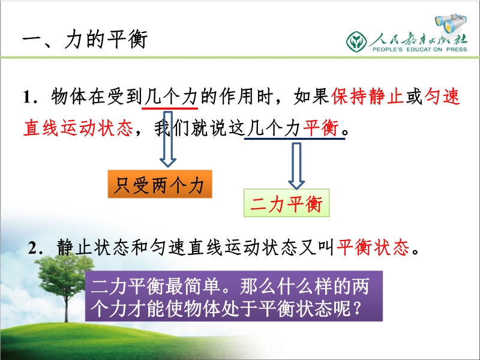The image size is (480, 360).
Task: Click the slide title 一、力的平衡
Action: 85,39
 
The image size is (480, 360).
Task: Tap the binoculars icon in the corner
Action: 451,23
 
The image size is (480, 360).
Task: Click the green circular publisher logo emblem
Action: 356,41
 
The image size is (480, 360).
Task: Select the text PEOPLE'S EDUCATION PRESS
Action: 419,49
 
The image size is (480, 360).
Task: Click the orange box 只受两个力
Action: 160,184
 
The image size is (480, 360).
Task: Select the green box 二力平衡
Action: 287,203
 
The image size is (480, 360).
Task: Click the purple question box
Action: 234,296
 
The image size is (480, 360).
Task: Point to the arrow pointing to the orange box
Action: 168,139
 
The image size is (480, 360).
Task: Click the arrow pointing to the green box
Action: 296,166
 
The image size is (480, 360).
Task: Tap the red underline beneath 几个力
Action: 170,108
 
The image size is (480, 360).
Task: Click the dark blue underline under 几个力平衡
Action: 295,139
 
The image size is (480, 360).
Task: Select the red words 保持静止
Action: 367,97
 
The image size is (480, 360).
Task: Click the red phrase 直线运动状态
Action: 78,128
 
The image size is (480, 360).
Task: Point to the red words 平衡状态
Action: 373,247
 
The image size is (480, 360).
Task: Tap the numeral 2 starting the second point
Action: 32,248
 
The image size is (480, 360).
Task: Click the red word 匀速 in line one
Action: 442,97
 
